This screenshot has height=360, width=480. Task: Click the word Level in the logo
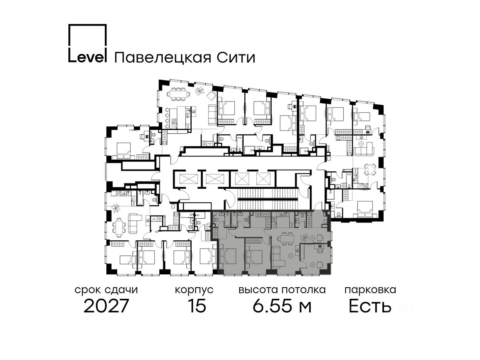pyautogui.click(x=87, y=57)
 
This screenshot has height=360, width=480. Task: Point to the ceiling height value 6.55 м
pyautogui.click(x=282, y=306)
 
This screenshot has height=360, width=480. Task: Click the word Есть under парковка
pyautogui.click(x=370, y=306)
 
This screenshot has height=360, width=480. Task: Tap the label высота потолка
pyautogui.click(x=282, y=290)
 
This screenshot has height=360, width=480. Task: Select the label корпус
pyautogui.click(x=194, y=290)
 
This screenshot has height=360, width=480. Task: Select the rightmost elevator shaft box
pyautogui.click(x=264, y=178)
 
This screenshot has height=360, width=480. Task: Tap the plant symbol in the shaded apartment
pyautogui.click(x=306, y=237)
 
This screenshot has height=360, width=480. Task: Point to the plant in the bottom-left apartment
pyautogui.click(x=116, y=208)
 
